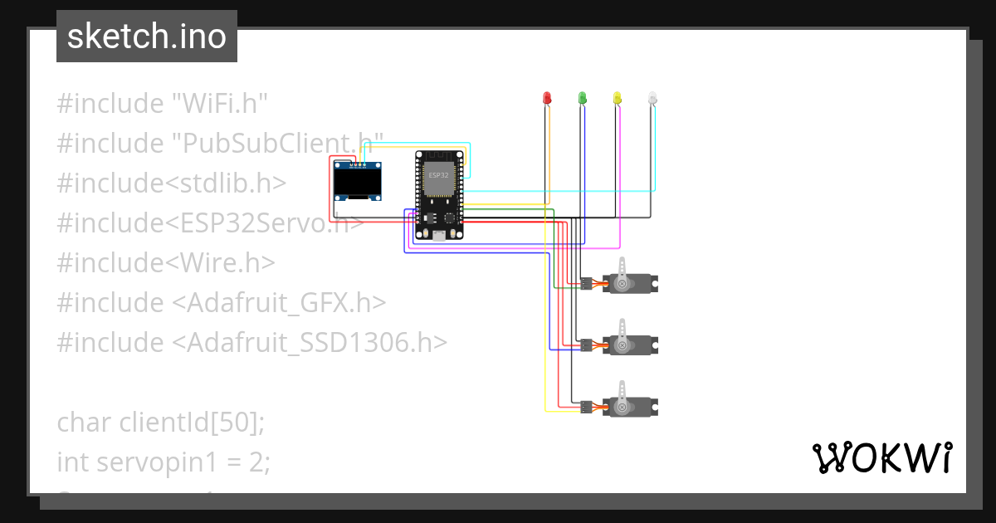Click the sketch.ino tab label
[x=146, y=37]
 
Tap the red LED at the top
[x=546, y=98]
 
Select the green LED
[x=582, y=98]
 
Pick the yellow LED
[x=617, y=98]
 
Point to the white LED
[x=652, y=98]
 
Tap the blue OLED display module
[x=357, y=182]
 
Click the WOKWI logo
[x=881, y=457]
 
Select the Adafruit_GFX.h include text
[x=279, y=303]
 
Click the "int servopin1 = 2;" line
[x=164, y=462]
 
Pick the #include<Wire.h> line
[x=166, y=263]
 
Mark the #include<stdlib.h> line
[x=172, y=183]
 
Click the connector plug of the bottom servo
[x=586, y=407]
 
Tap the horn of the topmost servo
[x=624, y=269]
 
